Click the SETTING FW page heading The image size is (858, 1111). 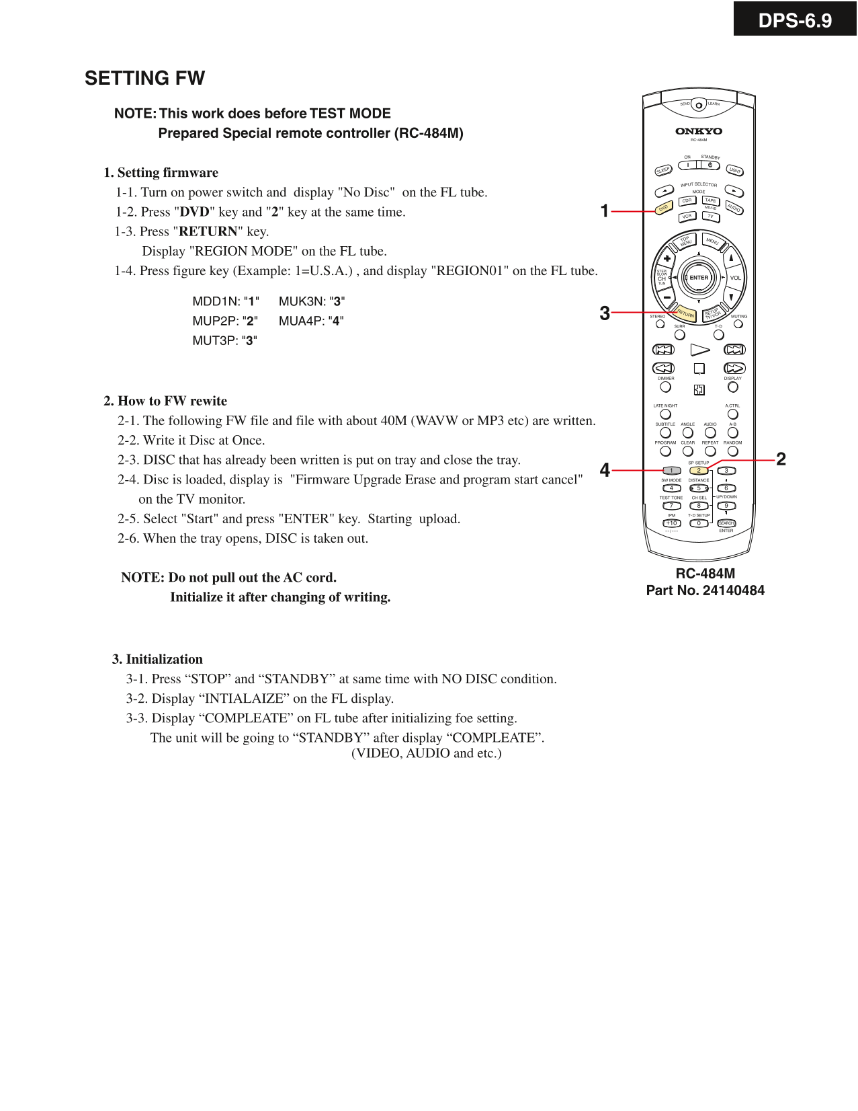pos(144,78)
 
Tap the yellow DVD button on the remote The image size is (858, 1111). pos(663,208)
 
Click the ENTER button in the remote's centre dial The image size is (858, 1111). pos(699,278)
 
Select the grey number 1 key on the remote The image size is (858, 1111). pos(672,470)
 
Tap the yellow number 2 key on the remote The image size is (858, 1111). pos(699,470)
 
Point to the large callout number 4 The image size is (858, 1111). pos(605,470)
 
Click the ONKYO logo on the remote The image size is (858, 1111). pos(699,131)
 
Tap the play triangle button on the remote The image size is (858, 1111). pos(699,350)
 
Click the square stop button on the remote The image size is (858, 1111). pos(699,369)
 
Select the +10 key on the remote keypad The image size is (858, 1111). pos(672,523)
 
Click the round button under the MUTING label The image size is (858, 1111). pos(738,323)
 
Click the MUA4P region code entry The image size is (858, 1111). pos(311,321)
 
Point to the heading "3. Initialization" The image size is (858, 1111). pos(157,659)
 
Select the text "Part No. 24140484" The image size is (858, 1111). pos(705,590)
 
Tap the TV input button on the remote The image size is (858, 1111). pos(710,217)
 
